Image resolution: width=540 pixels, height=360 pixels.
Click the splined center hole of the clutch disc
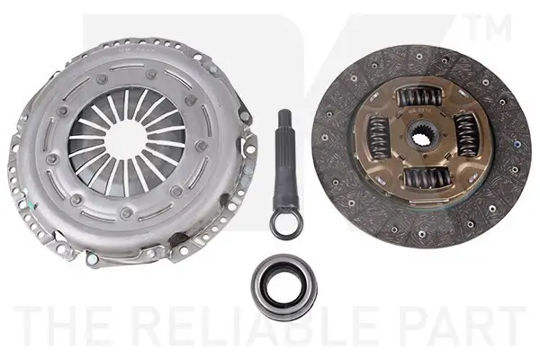(x=421, y=136)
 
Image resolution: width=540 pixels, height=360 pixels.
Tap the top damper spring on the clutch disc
(x=418, y=96)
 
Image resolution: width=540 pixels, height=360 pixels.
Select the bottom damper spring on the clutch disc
(x=427, y=178)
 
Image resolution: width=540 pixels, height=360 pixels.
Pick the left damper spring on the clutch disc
(x=380, y=137)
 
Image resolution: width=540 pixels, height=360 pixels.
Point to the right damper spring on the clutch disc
(x=466, y=136)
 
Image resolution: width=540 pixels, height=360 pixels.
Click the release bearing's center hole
(x=284, y=286)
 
